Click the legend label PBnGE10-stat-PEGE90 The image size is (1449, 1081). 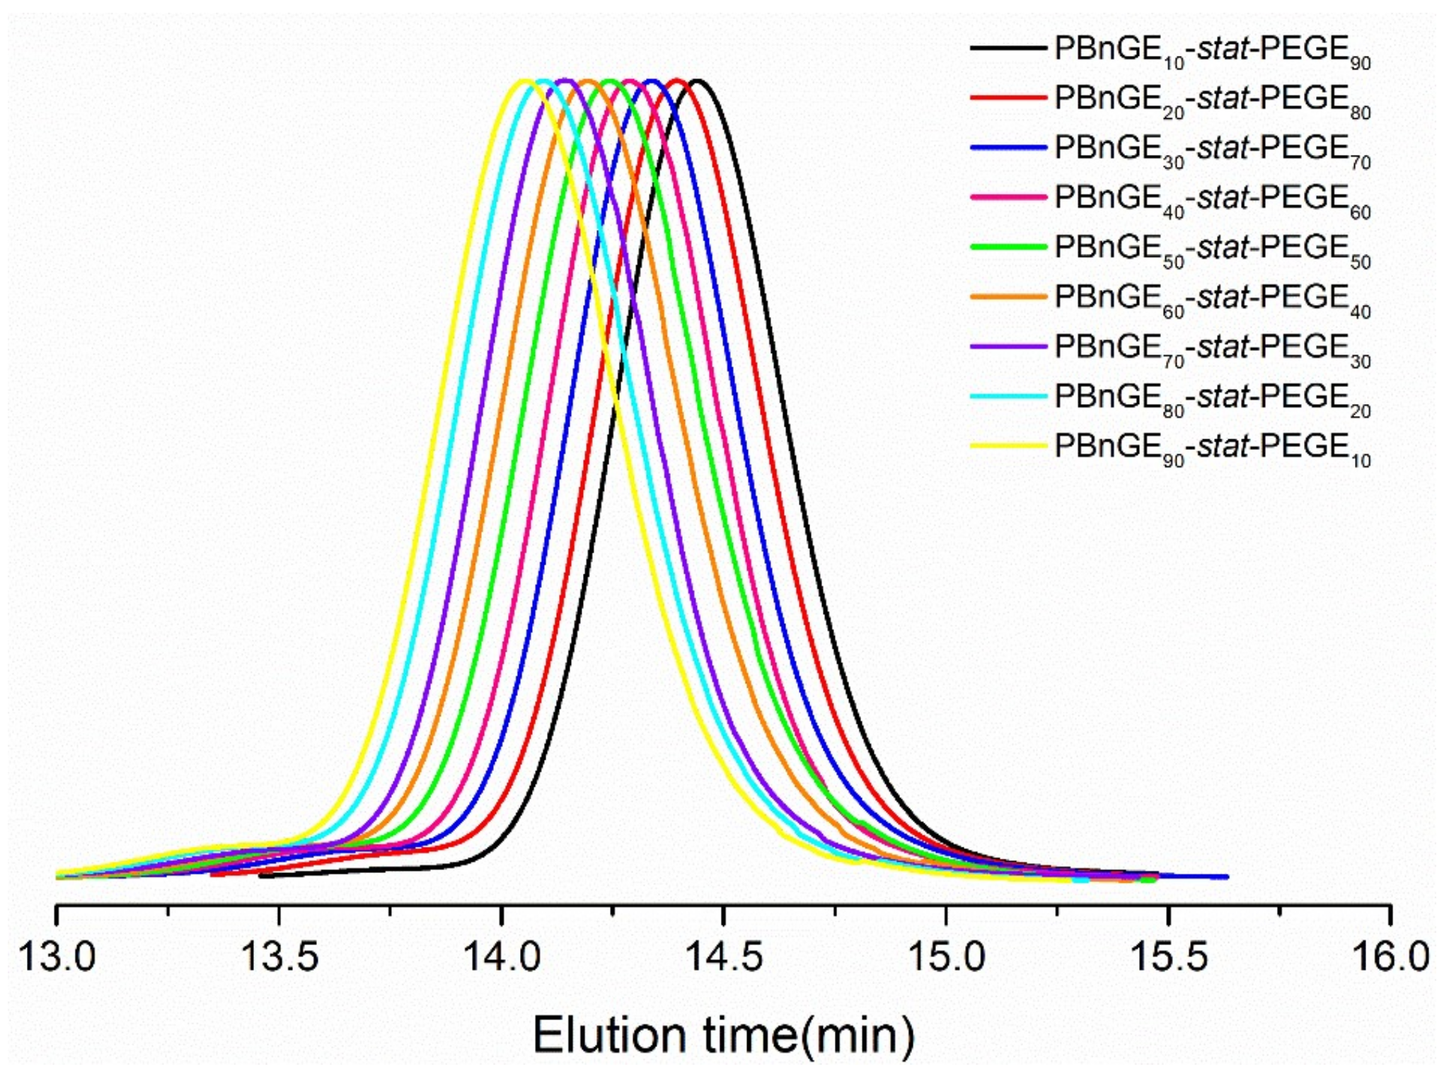[1212, 51]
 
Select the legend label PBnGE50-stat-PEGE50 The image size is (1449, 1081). [1212, 249]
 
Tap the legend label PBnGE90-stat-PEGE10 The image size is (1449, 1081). [1212, 448]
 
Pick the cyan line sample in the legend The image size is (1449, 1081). [1008, 396]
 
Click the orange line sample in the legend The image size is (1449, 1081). [1008, 296]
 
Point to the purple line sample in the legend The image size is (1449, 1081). [1008, 346]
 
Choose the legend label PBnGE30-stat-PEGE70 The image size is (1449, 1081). [1212, 150]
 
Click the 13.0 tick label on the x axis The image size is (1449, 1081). [57, 956]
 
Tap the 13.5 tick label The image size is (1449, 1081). [279, 956]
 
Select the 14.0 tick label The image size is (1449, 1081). [502, 956]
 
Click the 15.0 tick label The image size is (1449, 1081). [946, 956]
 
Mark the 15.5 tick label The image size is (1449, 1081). [1168, 956]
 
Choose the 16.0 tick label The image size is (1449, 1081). [1390, 956]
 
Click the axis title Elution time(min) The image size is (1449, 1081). [723, 1035]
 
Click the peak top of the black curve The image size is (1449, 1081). [698, 81]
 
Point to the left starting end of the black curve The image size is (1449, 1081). [260, 876]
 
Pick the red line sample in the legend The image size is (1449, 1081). [1008, 98]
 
